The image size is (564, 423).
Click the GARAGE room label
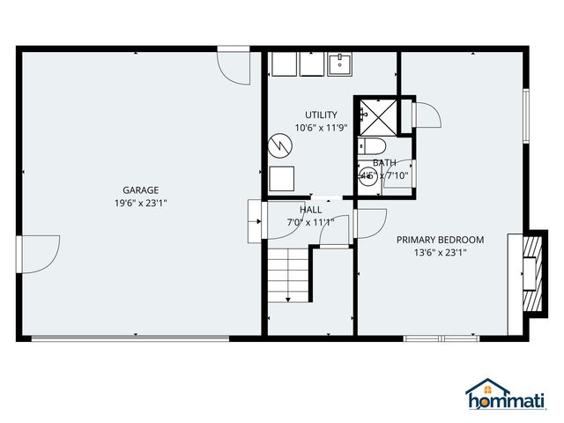140,190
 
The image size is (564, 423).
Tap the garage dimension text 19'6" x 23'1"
140,203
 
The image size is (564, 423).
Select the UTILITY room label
321,115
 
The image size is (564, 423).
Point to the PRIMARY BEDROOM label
440,240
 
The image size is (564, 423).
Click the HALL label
310,210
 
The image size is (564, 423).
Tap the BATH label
384,163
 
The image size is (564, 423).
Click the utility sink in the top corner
339,64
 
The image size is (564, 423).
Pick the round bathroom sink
367,174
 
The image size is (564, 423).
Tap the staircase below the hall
288,274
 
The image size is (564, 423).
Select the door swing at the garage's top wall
233,67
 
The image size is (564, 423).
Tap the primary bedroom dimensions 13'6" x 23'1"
440,253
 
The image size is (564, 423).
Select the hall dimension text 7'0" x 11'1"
310,222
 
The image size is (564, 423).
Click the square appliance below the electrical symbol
282,177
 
